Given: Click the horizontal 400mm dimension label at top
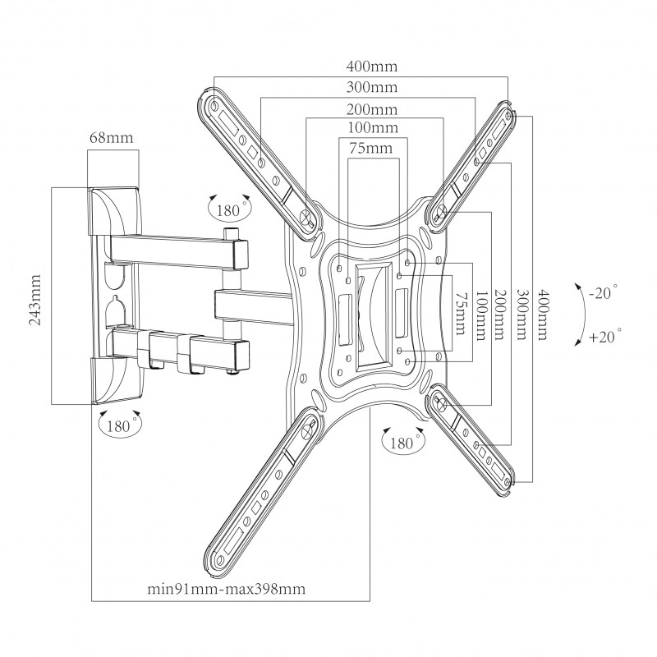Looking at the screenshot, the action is click(x=372, y=67).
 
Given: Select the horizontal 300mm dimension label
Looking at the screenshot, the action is click(x=372, y=87).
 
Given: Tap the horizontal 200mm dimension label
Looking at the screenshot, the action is click(x=372, y=109).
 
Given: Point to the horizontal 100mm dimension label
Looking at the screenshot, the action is click(x=373, y=127).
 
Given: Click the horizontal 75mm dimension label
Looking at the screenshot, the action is click(x=371, y=148).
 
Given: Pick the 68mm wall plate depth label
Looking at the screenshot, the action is click(x=111, y=137).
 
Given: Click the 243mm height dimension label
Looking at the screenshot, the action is click(x=34, y=300).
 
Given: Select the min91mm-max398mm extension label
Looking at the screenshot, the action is click(x=227, y=589).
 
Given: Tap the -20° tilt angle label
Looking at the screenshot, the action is click(x=604, y=292).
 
